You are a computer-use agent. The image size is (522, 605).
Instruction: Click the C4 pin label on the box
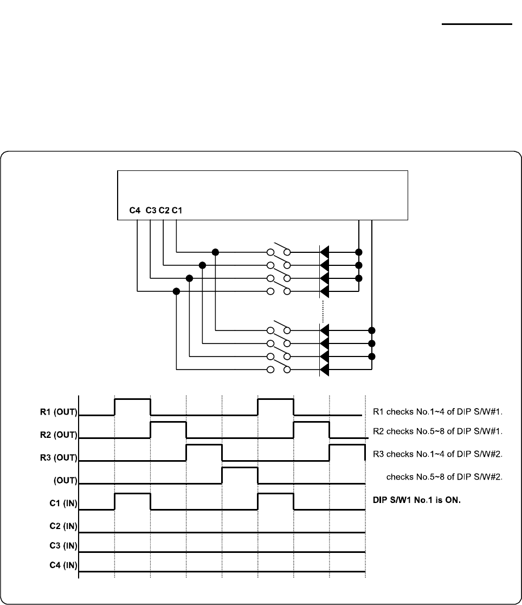[136, 211]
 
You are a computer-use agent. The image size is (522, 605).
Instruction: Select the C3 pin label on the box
[151, 211]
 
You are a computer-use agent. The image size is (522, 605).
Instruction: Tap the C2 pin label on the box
[164, 211]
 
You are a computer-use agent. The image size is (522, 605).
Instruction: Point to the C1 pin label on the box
[177, 211]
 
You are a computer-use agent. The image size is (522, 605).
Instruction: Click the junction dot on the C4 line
[176, 291]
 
